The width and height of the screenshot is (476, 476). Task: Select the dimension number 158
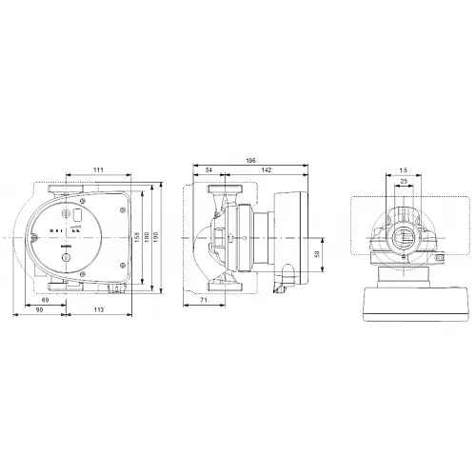click(x=139, y=237)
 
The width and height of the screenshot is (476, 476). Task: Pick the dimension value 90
click(x=39, y=310)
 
